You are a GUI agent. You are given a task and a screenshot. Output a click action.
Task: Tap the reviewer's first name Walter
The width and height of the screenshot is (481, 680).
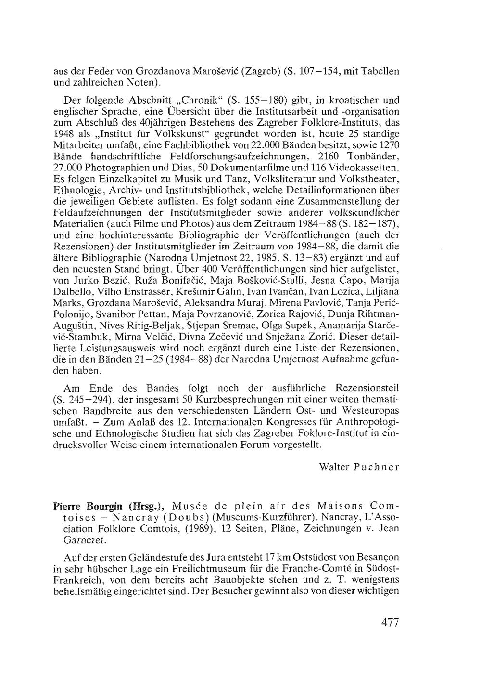(x=333, y=467)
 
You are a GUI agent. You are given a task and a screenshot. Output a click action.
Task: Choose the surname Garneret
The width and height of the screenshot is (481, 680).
(x=70, y=540)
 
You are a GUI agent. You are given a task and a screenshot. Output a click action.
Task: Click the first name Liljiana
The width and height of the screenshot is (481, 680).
(x=383, y=292)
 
